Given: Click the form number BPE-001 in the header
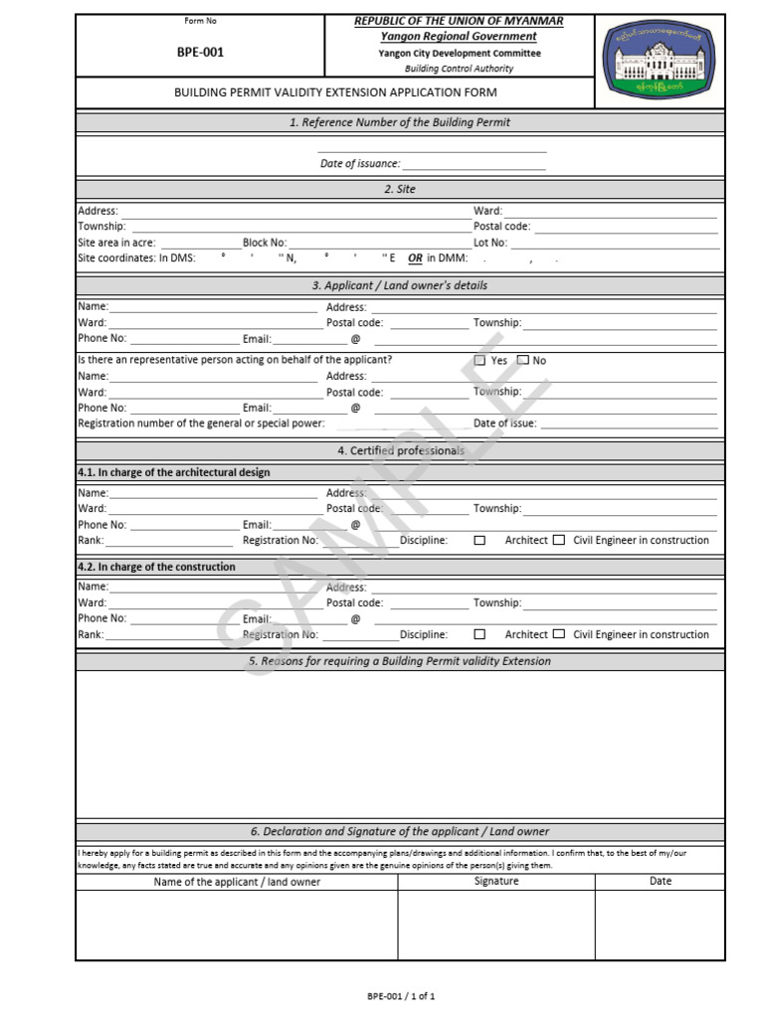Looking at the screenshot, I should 201,53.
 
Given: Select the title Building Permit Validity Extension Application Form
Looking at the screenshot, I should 335,92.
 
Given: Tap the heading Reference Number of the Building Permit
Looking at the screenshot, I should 399,122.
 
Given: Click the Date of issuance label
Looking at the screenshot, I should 359,164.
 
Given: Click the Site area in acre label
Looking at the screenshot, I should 116,243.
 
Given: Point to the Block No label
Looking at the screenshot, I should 265,243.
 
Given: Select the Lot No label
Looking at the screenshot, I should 490,243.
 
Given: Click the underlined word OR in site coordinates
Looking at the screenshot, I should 415,258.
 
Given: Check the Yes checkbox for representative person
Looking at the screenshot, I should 480,361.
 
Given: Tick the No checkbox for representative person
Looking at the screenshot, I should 523,361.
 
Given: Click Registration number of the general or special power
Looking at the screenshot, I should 201,424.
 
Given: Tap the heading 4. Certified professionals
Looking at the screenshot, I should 400,450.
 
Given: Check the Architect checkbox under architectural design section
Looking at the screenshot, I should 480,541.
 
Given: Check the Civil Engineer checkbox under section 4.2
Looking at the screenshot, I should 559,634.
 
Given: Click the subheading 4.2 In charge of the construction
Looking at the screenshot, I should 157,567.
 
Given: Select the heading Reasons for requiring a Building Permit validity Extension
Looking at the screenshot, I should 399,661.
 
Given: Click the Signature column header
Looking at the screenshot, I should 496,881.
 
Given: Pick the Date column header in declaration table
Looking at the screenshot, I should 661,881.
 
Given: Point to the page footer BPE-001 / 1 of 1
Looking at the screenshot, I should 401,995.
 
